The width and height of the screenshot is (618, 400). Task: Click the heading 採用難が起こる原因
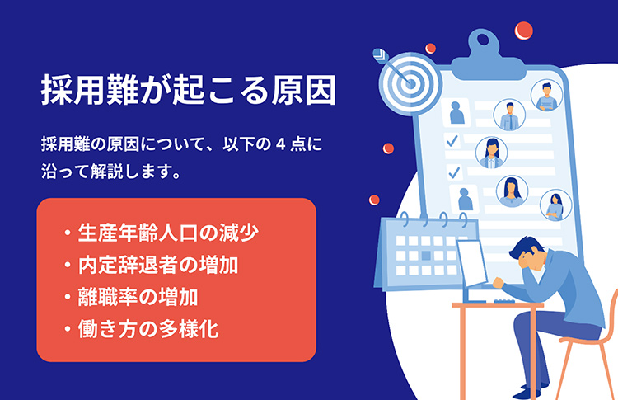(x=189, y=90)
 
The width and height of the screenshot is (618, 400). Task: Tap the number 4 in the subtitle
(x=280, y=144)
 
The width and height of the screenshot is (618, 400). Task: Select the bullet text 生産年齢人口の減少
(x=168, y=233)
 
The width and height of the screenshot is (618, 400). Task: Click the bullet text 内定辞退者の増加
(x=158, y=265)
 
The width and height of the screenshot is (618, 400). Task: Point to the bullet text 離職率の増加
(x=138, y=297)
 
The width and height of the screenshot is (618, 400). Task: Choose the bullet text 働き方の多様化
(x=148, y=329)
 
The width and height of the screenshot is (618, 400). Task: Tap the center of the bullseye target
(x=410, y=82)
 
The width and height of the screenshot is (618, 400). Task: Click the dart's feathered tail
(x=380, y=55)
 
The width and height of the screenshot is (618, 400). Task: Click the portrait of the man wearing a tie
(x=509, y=115)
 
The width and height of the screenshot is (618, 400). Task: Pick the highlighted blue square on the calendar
(x=426, y=256)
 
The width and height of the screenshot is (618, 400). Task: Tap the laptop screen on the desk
(x=472, y=262)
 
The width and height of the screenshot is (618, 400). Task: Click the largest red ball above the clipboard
(x=523, y=31)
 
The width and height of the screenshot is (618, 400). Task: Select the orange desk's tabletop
(x=498, y=305)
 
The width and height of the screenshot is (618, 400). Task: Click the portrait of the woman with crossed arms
(x=555, y=205)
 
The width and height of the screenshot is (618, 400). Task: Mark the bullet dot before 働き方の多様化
(x=68, y=328)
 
